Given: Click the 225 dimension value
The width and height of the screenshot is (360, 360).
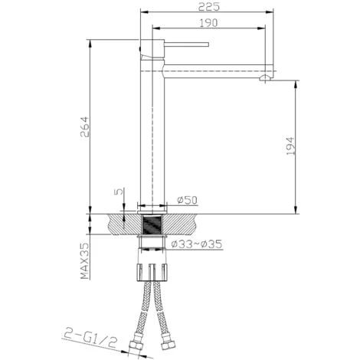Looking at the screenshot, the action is click(209, 7).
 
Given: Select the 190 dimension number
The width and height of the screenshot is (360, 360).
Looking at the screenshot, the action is click(208, 23).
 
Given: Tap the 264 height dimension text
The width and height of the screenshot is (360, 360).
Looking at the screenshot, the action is click(84, 127).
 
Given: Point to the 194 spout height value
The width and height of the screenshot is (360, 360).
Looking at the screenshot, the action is click(290, 146).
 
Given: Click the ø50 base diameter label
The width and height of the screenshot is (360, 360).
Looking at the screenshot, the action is click(188, 200).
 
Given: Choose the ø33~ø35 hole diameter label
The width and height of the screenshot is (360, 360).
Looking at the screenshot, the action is click(197, 244).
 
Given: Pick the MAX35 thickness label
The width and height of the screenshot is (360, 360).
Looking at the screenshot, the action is click(85, 260).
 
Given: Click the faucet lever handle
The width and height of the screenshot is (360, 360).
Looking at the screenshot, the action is click(186, 44).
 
